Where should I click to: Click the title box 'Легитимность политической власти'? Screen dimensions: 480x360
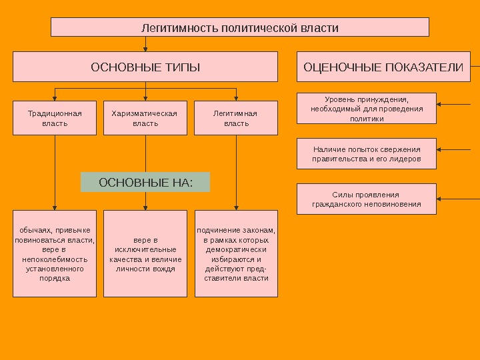(240, 27)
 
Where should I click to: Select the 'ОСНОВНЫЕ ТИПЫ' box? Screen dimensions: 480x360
(145, 67)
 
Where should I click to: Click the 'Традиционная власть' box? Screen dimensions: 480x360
(55, 118)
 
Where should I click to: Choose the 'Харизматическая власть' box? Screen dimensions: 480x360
(145, 118)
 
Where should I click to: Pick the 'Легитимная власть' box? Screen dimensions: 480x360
(236, 118)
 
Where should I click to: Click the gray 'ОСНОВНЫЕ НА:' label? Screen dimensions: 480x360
(145, 182)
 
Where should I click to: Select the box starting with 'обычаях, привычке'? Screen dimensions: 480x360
(55, 254)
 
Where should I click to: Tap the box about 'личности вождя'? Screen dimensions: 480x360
(145, 254)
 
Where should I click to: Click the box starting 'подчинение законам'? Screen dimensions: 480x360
(236, 254)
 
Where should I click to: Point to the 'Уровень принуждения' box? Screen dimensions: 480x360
(367, 109)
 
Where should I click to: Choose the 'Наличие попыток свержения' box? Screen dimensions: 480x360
(367, 154)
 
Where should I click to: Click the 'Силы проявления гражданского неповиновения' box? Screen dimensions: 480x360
(367, 199)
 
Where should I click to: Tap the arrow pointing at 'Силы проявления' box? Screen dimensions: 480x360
(457, 199)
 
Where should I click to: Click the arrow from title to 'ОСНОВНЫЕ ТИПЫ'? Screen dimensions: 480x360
(145, 45)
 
